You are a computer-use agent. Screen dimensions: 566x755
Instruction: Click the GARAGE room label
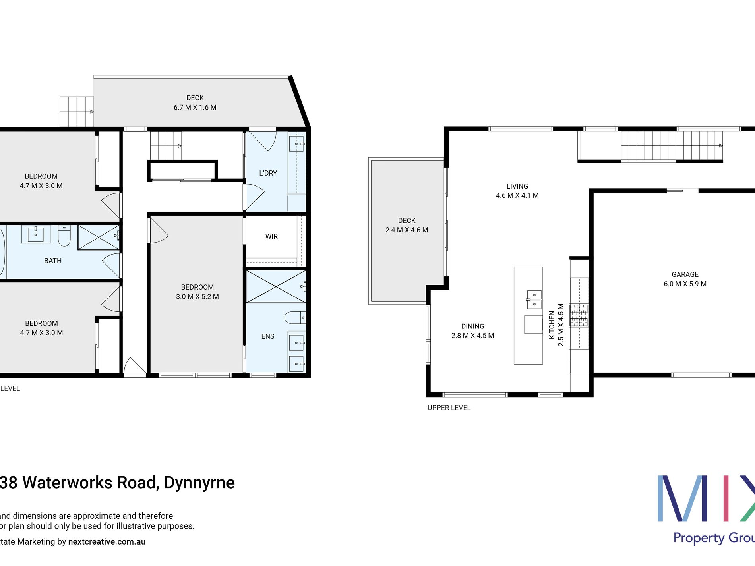pos(685,274)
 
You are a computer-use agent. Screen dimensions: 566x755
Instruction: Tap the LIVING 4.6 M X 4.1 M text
pos(517,191)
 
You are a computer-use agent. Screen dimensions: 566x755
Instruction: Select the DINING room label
pos(472,326)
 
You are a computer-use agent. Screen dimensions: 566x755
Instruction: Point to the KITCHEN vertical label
pos(552,325)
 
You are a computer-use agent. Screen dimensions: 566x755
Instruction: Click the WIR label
pos(271,236)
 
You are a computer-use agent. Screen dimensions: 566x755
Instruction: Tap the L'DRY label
pos(268,173)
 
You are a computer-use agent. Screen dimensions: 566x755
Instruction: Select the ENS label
pos(267,336)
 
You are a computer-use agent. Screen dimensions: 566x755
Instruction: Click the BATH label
pos(53,261)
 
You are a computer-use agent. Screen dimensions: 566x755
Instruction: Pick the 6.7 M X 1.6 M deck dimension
pos(195,107)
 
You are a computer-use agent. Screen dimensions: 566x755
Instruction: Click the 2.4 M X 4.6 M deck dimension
pos(407,230)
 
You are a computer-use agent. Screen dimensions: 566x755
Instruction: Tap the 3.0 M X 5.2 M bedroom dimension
pos(197,297)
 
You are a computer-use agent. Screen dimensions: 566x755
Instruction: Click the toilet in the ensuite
pos(294,317)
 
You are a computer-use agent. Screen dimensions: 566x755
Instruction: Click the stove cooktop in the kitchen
pos(579,315)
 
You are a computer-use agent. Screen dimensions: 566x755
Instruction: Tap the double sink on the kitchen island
pos(534,299)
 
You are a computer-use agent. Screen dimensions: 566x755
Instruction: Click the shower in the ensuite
pos(275,286)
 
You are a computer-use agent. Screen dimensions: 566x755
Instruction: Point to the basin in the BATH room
pos(36,234)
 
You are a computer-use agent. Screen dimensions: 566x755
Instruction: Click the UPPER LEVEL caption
pos(449,408)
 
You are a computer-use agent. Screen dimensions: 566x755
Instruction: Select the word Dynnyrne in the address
pos(199,483)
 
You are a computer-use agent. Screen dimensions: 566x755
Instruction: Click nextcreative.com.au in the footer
pos(107,542)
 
